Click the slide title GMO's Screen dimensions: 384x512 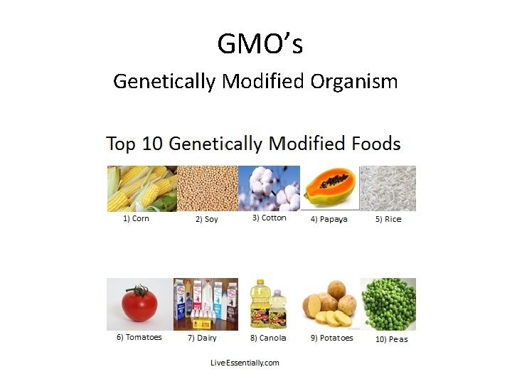pos(260,44)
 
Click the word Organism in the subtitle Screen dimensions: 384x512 pos(353,82)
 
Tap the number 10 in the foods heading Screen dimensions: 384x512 pos(153,144)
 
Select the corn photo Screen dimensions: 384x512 pos(141,188)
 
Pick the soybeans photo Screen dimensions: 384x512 pos(206,188)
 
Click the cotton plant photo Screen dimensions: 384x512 pos(269,188)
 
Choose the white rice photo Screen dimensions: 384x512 pos(388,188)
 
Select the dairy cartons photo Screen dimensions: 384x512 pos(206,304)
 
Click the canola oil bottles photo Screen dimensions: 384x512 pos(269,304)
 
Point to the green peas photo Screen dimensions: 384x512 pos(388,304)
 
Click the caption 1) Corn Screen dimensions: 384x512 pos(136,219)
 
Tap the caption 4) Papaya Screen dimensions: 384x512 pos(329,220)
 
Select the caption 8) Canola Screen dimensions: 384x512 pos(268,338)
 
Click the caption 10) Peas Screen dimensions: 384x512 pos(391,339)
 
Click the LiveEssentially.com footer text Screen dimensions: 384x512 pos(245,363)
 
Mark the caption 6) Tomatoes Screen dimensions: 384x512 pos(139,338)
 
